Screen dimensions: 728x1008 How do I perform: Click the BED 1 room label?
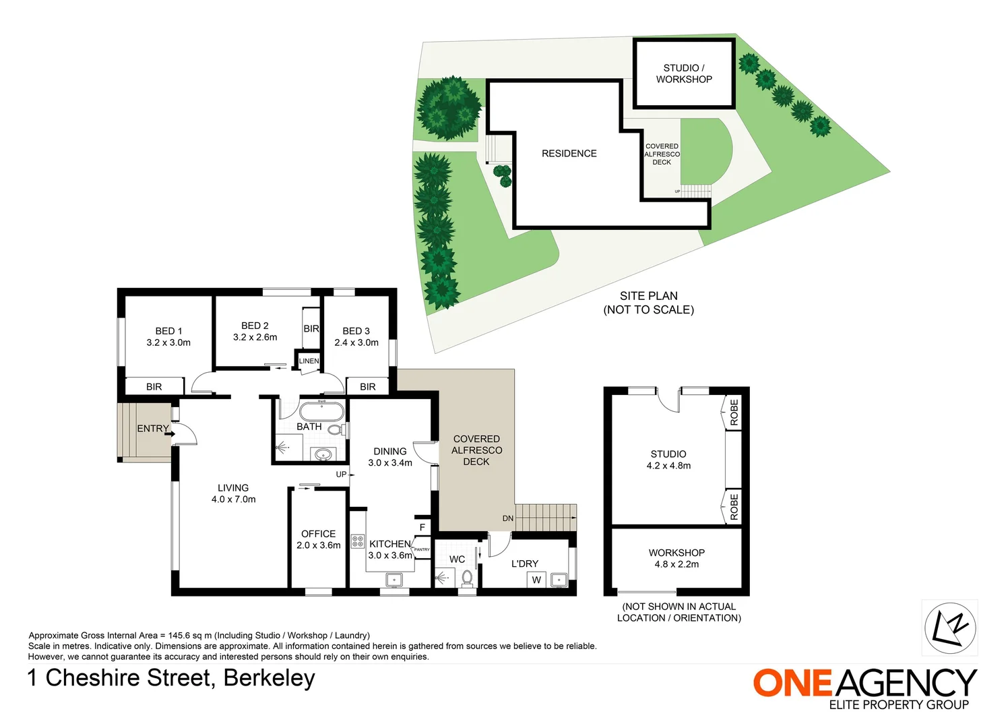(168, 331)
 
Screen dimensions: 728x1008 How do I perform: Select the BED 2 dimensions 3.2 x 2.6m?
(255, 337)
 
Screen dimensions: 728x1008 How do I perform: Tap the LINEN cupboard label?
(309, 361)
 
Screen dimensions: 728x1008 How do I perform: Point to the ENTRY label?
(153, 429)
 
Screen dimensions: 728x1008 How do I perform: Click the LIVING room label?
(233, 488)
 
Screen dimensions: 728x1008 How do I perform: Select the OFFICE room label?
(318, 534)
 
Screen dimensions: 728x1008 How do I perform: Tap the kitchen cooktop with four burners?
(358, 541)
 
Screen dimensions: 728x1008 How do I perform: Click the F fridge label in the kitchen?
(422, 527)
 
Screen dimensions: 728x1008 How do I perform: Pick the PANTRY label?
(422, 550)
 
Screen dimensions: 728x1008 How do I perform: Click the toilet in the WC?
(467, 578)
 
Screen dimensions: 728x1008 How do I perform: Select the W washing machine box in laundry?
(536, 580)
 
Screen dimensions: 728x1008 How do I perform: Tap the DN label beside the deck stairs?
(508, 518)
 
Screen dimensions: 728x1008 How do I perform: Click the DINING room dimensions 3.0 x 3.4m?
(390, 463)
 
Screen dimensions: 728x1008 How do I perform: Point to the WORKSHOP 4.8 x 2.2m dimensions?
(676, 564)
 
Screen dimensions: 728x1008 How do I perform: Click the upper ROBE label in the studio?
(734, 413)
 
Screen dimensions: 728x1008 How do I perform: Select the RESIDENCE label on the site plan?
(569, 154)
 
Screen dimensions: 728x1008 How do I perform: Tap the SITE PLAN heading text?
(649, 296)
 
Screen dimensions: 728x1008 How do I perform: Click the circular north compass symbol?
(950, 628)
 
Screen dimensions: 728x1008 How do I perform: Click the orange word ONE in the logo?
(793, 683)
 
